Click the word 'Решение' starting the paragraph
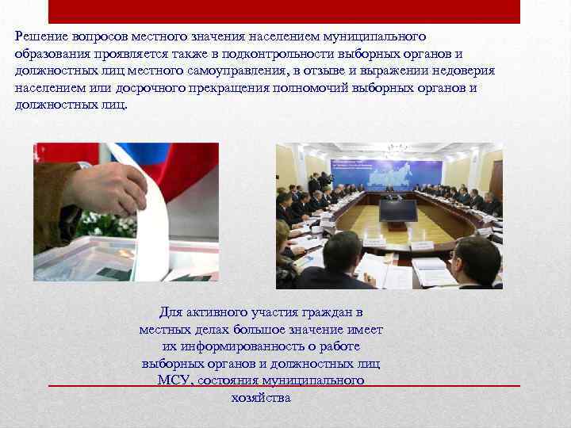(39, 36)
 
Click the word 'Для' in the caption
(171, 312)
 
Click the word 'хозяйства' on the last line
(261, 398)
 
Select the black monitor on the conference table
(397, 210)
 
